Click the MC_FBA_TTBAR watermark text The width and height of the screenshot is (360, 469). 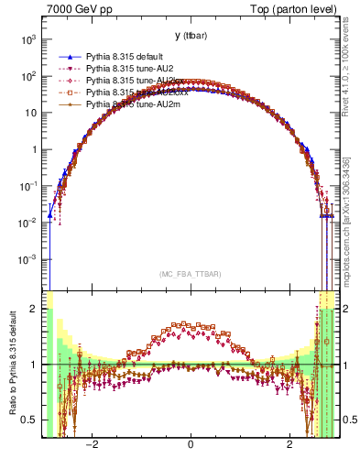click(190, 274)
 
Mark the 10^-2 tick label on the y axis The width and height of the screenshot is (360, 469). click(29, 223)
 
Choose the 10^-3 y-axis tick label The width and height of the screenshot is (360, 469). click(29, 259)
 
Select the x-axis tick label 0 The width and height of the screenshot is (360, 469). click(190, 444)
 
